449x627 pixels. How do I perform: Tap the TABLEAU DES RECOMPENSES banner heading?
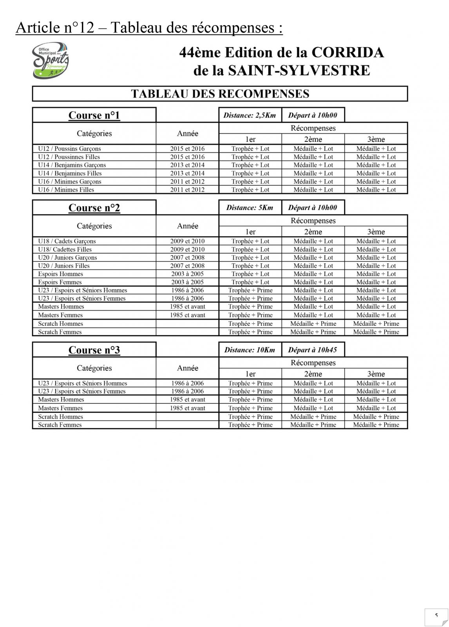[220, 94]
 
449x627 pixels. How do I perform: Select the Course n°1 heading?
[94, 115]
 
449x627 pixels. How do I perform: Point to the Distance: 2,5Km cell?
[250, 115]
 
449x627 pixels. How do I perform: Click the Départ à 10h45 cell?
[312, 350]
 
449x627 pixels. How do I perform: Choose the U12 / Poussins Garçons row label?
[69, 149]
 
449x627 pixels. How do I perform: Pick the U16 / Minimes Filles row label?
[66, 190]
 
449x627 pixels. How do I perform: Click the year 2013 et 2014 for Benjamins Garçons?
[187, 165]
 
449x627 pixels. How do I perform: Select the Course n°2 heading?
[94, 208]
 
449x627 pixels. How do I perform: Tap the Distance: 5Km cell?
[250, 208]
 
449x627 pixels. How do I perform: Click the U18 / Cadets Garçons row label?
[67, 241]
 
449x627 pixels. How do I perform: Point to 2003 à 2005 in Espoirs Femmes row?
[187, 282]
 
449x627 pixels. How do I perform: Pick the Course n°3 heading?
[94, 350]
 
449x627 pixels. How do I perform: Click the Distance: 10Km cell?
[250, 350]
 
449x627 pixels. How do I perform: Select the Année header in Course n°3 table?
[187, 368]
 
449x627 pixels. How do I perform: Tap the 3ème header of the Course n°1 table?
[376, 139]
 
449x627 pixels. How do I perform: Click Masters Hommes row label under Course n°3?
[61, 400]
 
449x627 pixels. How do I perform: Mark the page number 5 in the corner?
[436, 615]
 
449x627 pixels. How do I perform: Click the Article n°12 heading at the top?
[149, 28]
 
